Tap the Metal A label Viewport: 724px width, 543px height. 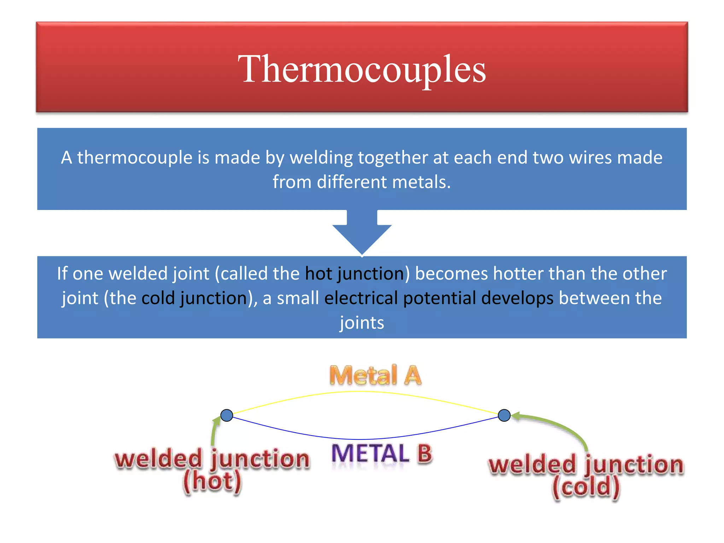[375, 375]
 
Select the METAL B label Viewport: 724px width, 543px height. [382, 454]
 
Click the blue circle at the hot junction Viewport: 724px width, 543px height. [227, 415]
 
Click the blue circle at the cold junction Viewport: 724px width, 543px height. [504, 415]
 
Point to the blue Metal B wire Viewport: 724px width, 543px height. [362, 439]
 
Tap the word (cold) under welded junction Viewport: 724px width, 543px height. [586, 487]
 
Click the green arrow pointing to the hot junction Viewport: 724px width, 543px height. [214, 431]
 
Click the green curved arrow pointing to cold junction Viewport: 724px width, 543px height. [559, 426]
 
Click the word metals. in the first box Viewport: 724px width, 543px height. [421, 182]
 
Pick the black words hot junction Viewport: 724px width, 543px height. [357, 274]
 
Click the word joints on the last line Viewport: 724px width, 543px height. [362, 323]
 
